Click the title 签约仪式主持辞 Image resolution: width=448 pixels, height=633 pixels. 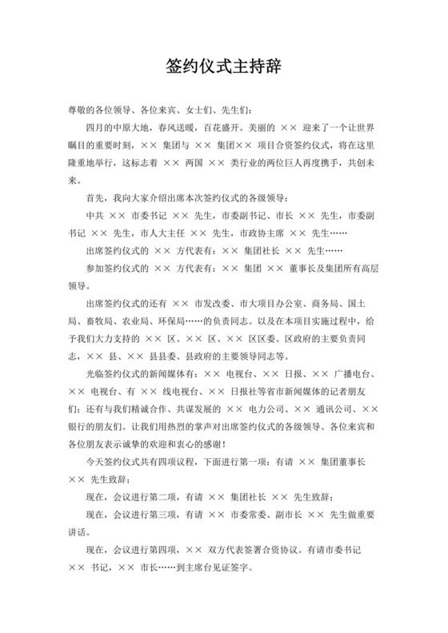tap(223, 64)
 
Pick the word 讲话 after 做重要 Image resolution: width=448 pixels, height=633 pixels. tap(79, 532)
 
